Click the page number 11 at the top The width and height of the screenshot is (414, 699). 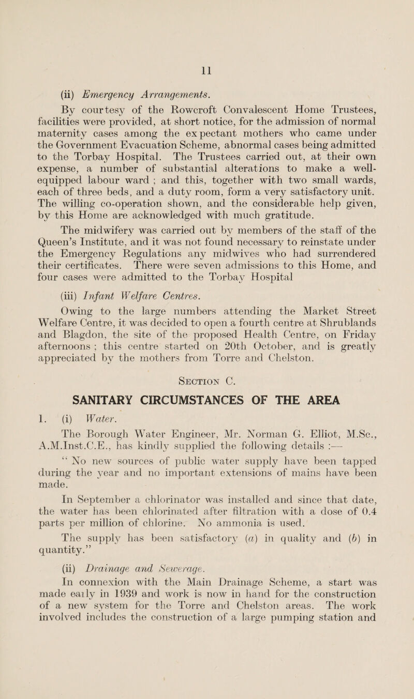[206, 52]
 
